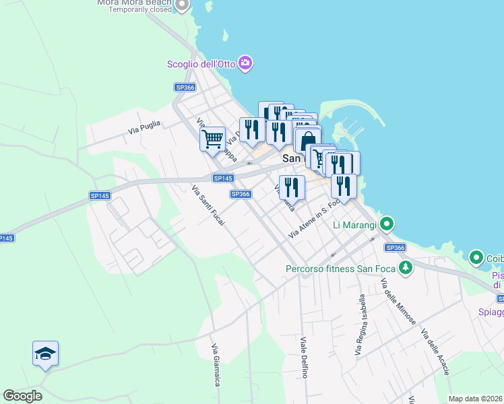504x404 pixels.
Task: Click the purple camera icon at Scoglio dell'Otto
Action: pyautogui.click(x=245, y=63)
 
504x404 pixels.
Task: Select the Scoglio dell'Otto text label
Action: pyautogui.click(x=201, y=65)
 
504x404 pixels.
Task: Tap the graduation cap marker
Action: pyautogui.click(x=45, y=353)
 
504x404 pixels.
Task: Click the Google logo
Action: pyautogui.click(x=22, y=396)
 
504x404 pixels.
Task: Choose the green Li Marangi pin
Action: pyautogui.click(x=387, y=223)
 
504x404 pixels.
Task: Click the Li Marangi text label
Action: pyautogui.click(x=354, y=224)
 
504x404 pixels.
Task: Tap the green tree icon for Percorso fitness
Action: pyautogui.click(x=405, y=268)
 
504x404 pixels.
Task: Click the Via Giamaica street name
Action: pyautogui.click(x=216, y=365)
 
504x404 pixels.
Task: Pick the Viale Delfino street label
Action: pyautogui.click(x=304, y=357)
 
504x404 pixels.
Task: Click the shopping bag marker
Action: pyautogui.click(x=307, y=140)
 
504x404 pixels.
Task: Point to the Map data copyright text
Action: pyautogui.click(x=476, y=399)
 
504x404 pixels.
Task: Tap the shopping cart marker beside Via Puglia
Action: pyautogui.click(x=212, y=139)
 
